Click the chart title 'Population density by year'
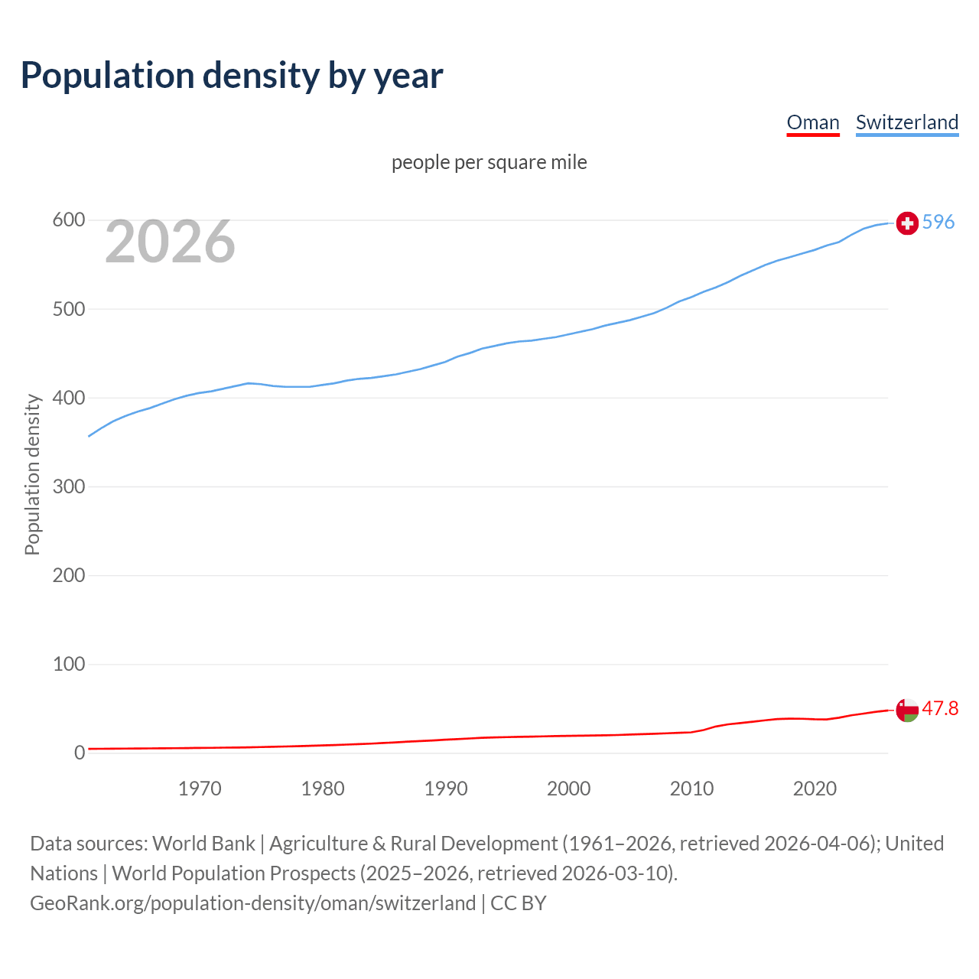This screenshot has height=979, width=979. tap(232, 76)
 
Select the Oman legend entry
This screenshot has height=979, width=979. tap(813, 122)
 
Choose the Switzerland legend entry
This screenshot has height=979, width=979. tap(906, 122)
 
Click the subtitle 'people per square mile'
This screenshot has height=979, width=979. tap(489, 162)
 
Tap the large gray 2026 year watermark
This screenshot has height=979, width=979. tap(170, 242)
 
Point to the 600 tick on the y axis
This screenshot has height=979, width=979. tap(68, 220)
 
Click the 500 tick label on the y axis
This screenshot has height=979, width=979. tap(68, 309)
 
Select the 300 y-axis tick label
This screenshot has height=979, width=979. tap(68, 486)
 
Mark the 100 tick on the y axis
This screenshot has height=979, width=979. tap(68, 664)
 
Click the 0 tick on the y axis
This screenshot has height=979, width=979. tap(80, 753)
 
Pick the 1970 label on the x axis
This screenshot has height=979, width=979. tap(200, 789)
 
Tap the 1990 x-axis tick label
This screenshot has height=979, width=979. tap(446, 789)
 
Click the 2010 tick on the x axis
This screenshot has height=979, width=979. tap(691, 789)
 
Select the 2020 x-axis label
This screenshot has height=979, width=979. tap(815, 789)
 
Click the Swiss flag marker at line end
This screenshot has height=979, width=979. tap(907, 223)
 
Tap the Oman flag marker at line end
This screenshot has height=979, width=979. tap(907, 710)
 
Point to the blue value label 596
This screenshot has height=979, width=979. tap(938, 222)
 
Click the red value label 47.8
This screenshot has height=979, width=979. tap(940, 709)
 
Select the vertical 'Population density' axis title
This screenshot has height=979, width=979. tap(32, 474)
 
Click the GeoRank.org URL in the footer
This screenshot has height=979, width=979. tap(253, 903)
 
